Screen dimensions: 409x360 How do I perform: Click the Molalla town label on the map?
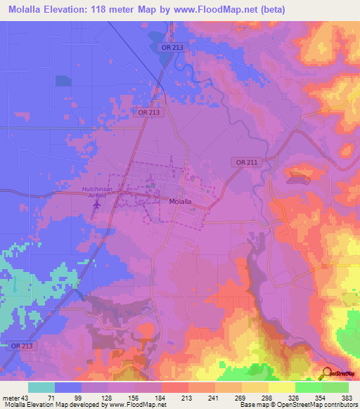181,201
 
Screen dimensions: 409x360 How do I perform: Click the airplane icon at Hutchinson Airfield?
97,205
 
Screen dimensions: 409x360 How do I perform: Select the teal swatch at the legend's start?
41,387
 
